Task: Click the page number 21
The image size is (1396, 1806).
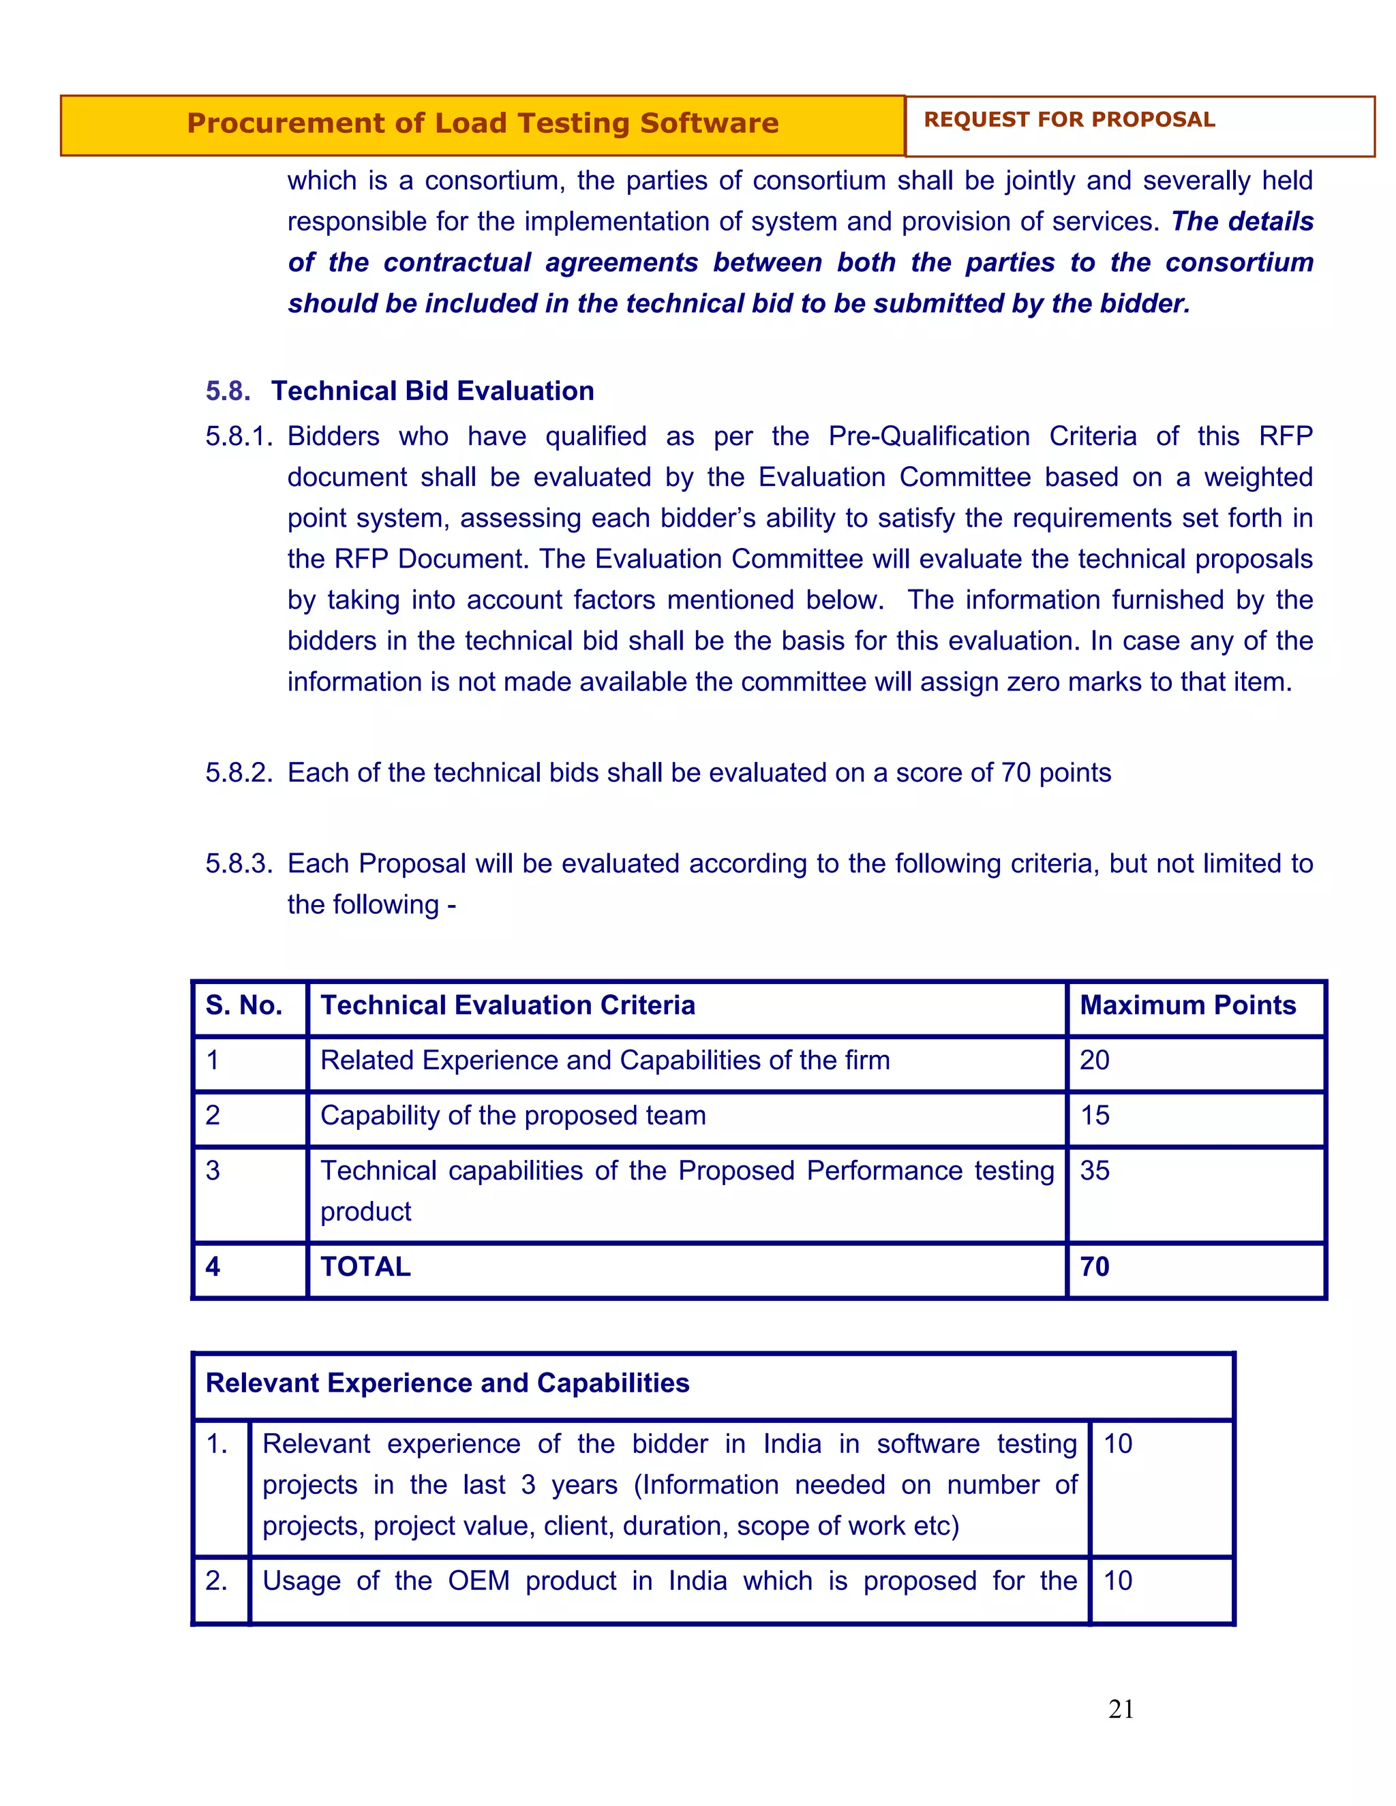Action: tap(1121, 1709)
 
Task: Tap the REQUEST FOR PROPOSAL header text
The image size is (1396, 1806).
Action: tap(1069, 120)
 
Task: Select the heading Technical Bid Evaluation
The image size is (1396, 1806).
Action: tap(433, 391)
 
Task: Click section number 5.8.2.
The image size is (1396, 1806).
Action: tap(238, 772)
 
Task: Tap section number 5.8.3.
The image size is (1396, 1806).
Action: tap(238, 863)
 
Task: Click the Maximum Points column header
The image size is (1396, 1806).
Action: tap(1187, 1005)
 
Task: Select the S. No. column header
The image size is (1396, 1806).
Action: tap(244, 1005)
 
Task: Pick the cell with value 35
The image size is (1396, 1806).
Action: tap(1094, 1170)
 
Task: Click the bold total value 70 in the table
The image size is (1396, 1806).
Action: tap(1094, 1266)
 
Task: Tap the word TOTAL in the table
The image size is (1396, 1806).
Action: tap(365, 1266)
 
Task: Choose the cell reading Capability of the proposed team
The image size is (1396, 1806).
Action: tap(513, 1115)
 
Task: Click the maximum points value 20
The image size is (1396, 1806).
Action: tap(1094, 1060)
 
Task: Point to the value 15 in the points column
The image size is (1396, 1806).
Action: tap(1094, 1115)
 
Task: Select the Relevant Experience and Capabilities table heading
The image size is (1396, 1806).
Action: tap(447, 1383)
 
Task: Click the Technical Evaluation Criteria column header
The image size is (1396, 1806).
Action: tap(508, 1005)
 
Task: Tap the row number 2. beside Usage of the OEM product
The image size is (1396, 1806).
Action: tap(217, 1580)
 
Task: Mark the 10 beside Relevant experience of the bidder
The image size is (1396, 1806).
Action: tap(1117, 1444)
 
